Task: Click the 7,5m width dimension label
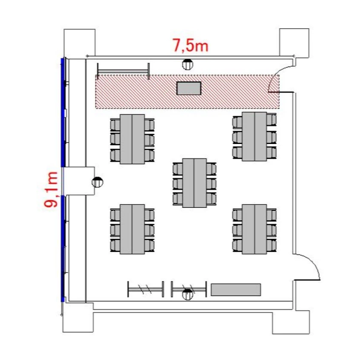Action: click(x=191, y=45)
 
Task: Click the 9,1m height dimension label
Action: click(x=50, y=190)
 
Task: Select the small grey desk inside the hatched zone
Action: click(x=189, y=88)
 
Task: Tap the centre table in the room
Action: click(x=194, y=183)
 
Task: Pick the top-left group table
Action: click(x=132, y=139)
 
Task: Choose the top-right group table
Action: click(x=254, y=137)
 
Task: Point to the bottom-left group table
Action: click(x=132, y=229)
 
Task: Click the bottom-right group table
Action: click(x=254, y=229)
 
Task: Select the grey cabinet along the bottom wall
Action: click(x=236, y=290)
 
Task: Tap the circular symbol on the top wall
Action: click(x=188, y=64)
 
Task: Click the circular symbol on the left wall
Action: click(x=97, y=182)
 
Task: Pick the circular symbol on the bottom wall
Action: click(x=188, y=295)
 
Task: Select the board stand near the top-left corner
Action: click(x=123, y=71)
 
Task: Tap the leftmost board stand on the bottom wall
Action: click(x=146, y=289)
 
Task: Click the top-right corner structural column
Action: click(x=294, y=43)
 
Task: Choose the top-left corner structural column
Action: click(x=79, y=44)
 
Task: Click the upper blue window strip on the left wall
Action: click(x=63, y=112)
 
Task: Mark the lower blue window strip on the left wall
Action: click(x=63, y=249)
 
